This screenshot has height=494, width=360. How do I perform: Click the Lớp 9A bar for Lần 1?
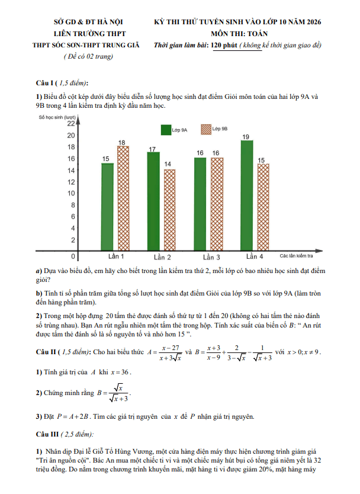[107, 207]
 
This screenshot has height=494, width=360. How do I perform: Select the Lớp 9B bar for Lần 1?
[123, 198]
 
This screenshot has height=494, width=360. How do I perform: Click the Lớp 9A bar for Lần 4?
[246, 195]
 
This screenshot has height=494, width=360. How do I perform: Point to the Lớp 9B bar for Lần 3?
[216, 204]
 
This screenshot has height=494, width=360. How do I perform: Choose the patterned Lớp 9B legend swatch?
[205, 129]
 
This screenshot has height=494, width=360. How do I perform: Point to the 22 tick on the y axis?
[70, 124]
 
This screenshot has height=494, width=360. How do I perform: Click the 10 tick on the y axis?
[70, 194]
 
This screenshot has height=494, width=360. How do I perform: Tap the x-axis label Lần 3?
[210, 257]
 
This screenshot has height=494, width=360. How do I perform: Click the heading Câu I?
[47, 84]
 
